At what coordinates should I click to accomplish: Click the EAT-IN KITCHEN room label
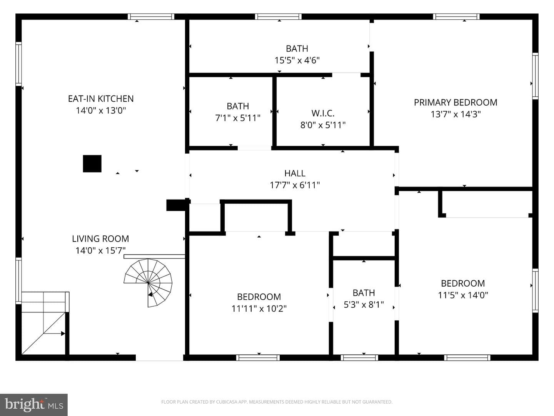[101, 99]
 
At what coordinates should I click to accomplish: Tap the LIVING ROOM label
[100, 239]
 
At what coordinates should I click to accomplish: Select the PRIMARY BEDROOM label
[456, 102]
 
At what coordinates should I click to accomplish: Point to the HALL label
[295, 173]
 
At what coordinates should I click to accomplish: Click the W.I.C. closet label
[323, 113]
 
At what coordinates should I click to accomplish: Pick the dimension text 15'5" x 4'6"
[297, 60]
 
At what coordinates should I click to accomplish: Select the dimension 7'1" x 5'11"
[238, 118]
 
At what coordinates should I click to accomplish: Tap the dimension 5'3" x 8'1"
[364, 305]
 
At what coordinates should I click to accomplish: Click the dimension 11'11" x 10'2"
[259, 309]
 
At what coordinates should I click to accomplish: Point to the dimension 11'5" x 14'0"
[463, 295]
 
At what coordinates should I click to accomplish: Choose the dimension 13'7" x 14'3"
[456, 114]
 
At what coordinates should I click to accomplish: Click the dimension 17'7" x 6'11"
[295, 185]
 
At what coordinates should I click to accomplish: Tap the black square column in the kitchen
[92, 164]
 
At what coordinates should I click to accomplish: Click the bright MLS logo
[34, 404]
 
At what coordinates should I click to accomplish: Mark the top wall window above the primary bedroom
[456, 17]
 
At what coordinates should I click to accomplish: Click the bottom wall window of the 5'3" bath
[359, 358]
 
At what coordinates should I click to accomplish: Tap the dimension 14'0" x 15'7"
[100, 250]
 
